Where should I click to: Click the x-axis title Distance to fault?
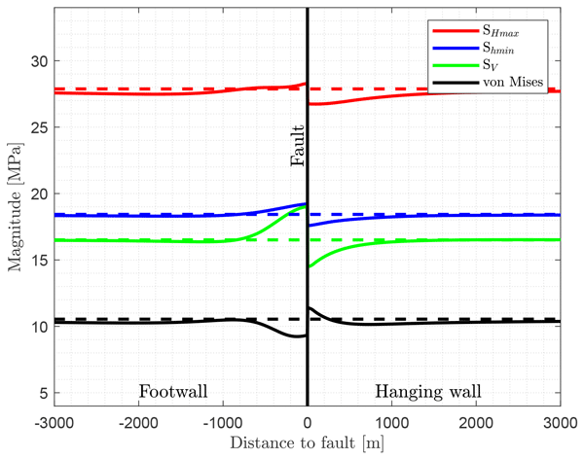point(308,443)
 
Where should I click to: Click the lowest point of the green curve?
point(310,266)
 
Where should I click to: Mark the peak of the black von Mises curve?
point(310,307)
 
